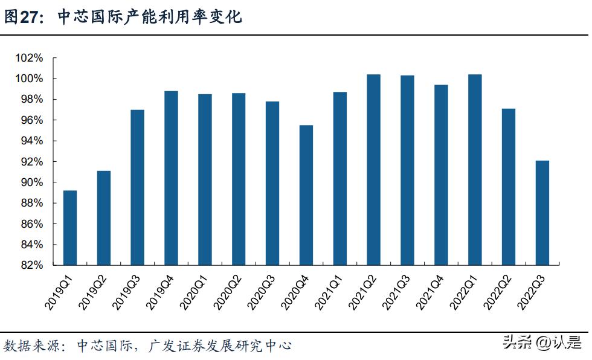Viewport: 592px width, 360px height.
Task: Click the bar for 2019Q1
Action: point(70,228)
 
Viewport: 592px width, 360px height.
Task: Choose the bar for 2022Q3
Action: point(542,212)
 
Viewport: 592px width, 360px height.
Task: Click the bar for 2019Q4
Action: point(172,178)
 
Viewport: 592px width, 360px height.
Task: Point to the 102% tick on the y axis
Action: point(30,59)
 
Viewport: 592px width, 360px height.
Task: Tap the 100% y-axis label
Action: point(30,79)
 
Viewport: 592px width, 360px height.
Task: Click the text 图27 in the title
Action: point(22,18)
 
